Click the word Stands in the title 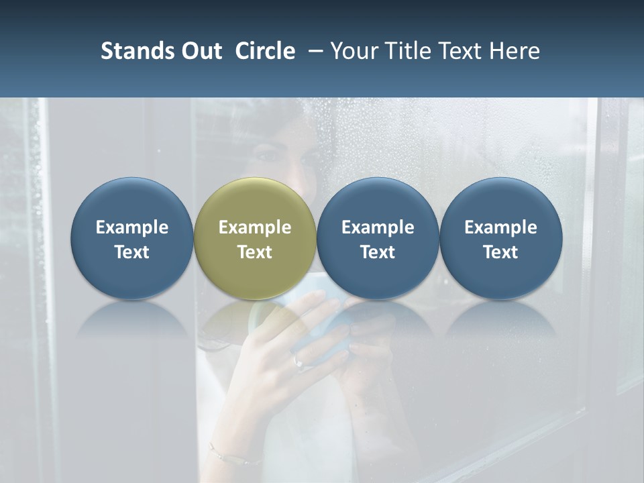pos(131,51)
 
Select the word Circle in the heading pos(265,51)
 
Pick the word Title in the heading pos(407,51)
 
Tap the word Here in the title pos(515,51)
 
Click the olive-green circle pos(254,201)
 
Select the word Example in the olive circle pos(255,227)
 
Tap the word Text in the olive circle pos(255,252)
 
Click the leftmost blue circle pos(131,201)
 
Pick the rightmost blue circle pos(500,201)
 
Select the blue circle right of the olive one pos(378,201)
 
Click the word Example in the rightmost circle pos(500,227)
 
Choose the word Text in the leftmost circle pos(131,252)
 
